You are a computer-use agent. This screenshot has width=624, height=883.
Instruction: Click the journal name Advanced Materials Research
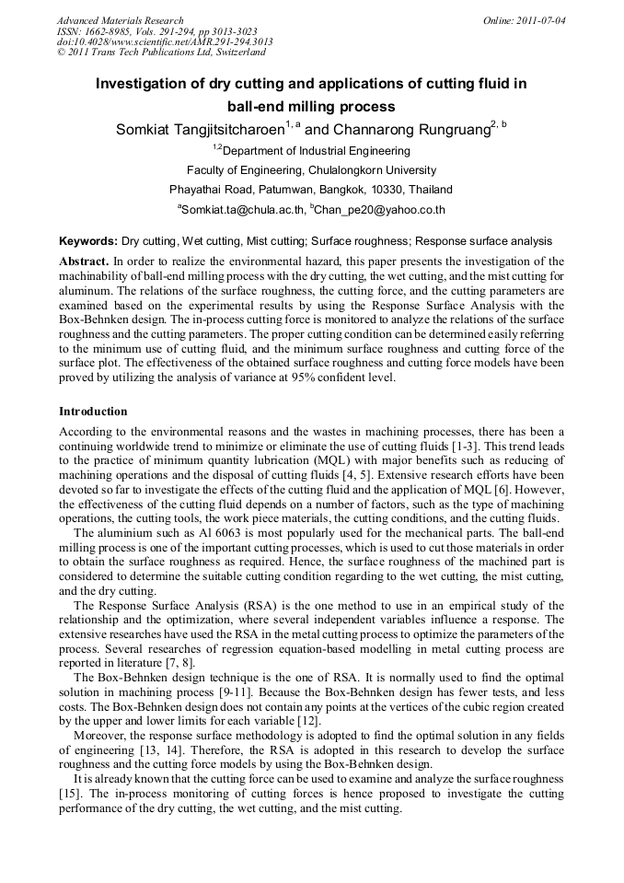click(x=120, y=20)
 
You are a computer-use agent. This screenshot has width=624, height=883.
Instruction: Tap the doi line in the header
click(x=165, y=42)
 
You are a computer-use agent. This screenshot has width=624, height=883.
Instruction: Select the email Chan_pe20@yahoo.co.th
click(x=379, y=210)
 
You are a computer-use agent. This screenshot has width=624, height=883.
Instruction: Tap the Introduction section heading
click(x=93, y=411)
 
